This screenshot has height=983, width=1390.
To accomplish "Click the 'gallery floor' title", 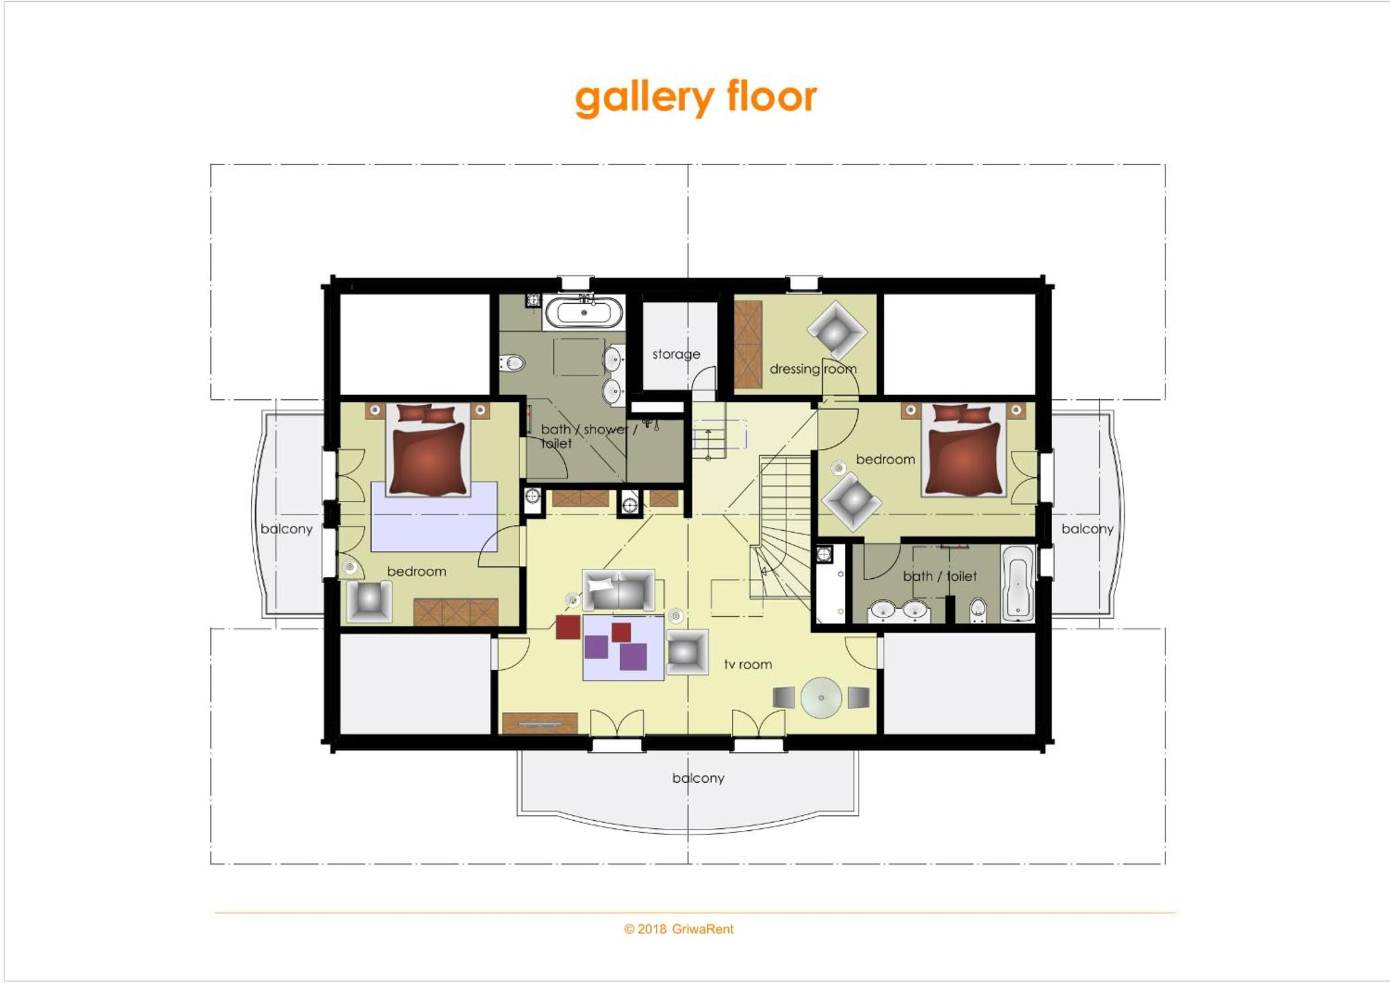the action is [x=696, y=97].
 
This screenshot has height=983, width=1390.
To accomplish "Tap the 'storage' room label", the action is [x=676, y=354].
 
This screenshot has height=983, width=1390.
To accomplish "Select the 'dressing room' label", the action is [x=813, y=368].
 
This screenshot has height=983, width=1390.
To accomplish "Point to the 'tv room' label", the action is [x=749, y=664].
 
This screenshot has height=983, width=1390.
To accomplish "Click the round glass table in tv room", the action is [x=821, y=698].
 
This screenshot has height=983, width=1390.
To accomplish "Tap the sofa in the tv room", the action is [x=619, y=590].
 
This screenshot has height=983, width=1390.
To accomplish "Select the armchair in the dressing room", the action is [x=837, y=330].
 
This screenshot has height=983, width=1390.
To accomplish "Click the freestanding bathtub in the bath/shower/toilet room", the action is [x=584, y=313].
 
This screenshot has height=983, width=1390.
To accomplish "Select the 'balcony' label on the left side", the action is [x=287, y=528].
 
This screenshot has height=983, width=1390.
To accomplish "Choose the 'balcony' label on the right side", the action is [x=1087, y=528].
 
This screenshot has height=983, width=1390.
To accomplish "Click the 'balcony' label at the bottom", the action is [x=698, y=778].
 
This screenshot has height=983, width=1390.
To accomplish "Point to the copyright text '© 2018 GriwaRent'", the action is [x=679, y=929].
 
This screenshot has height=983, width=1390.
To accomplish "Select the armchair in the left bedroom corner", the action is [x=369, y=601].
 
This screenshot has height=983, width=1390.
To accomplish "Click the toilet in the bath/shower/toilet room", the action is [x=512, y=363].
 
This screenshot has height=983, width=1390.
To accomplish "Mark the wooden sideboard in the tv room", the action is [x=540, y=723].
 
